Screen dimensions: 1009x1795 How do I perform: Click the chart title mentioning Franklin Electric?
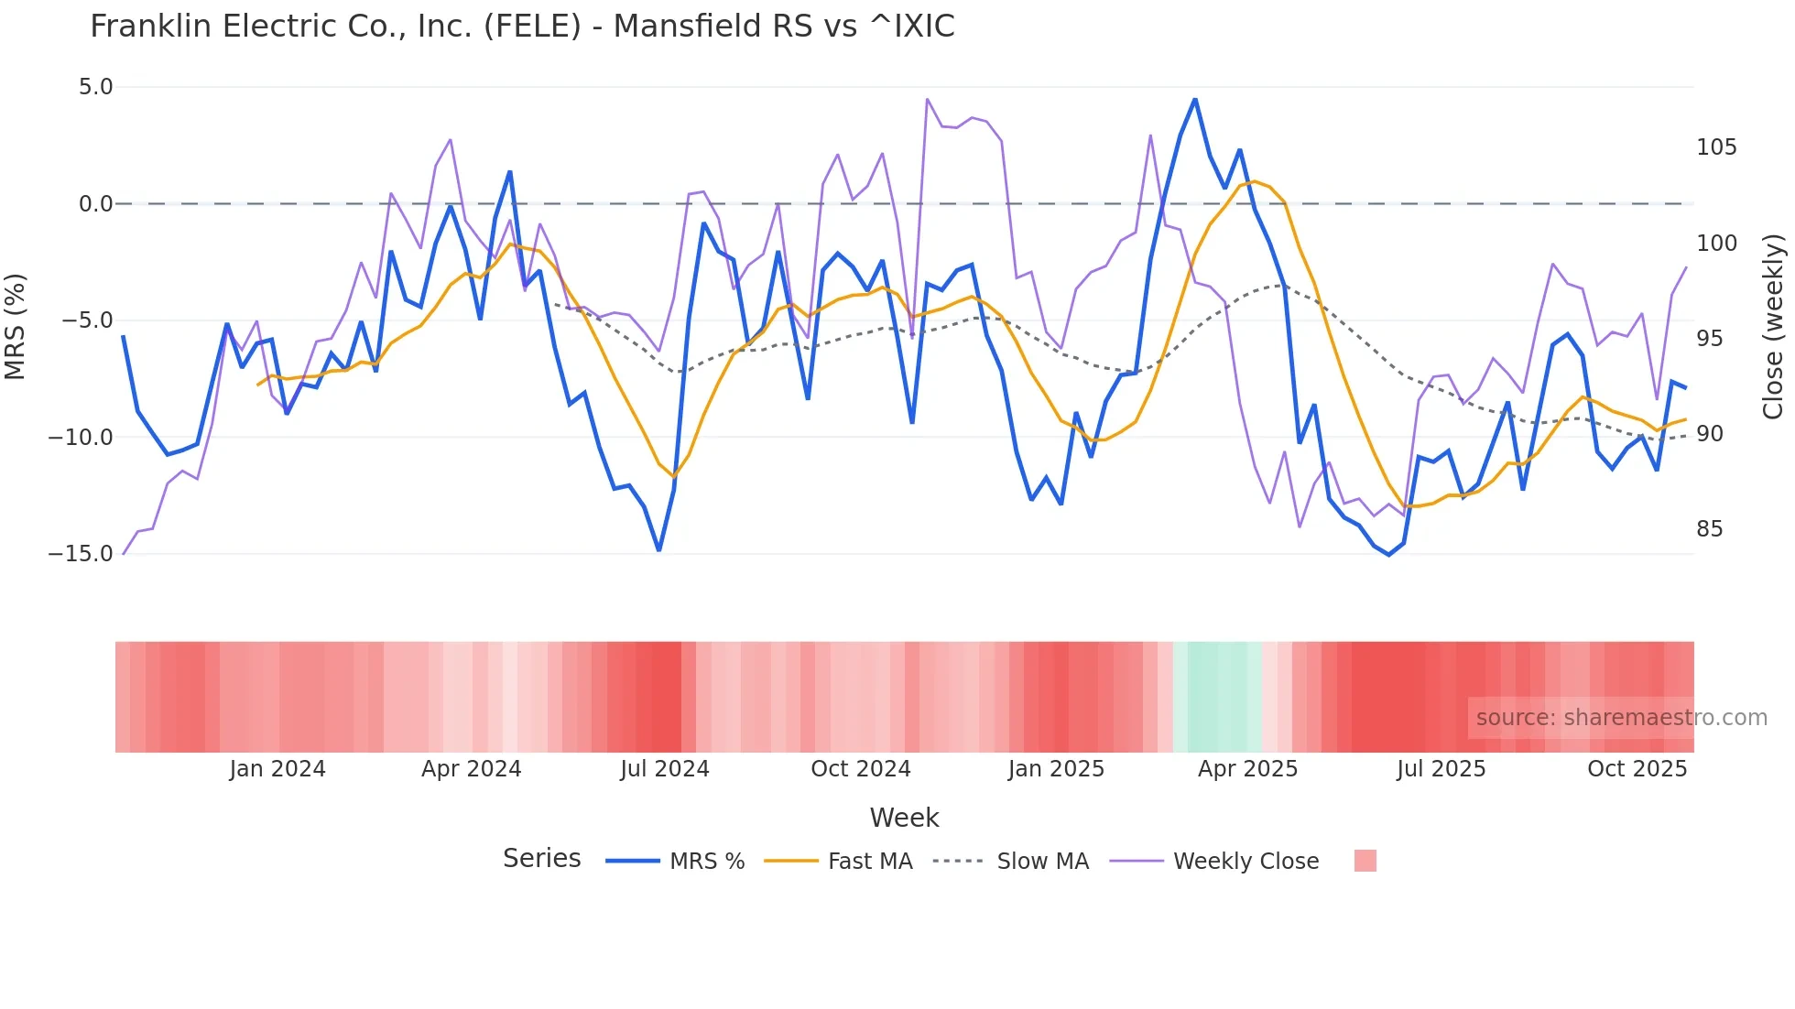pyautogui.click(x=522, y=27)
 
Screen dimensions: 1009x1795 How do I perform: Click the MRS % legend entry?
pyautogui.click(x=706, y=862)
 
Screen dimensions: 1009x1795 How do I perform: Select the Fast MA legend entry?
pyautogui.click(x=869, y=862)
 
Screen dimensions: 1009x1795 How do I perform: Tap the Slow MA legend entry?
pyautogui.click(x=1042, y=862)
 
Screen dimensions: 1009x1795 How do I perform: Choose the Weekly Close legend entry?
pyautogui.click(x=1246, y=862)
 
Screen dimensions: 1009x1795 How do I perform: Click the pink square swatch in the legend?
pyautogui.click(x=1365, y=861)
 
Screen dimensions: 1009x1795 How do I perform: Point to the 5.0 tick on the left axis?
pyautogui.click(x=95, y=87)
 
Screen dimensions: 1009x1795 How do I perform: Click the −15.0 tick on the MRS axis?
pyautogui.click(x=81, y=554)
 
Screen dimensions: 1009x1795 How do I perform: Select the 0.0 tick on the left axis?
pyautogui.click(x=95, y=204)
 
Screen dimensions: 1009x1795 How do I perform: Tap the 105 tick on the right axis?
pyautogui.click(x=1716, y=147)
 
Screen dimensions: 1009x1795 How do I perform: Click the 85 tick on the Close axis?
pyautogui.click(x=1709, y=529)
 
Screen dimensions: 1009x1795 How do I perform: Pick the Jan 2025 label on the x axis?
pyautogui.click(x=1056, y=769)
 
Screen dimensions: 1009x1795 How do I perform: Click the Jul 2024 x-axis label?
pyautogui.click(x=665, y=769)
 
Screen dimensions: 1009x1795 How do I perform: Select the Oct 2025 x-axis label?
pyautogui.click(x=1637, y=769)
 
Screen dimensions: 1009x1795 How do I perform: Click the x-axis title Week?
pyautogui.click(x=904, y=818)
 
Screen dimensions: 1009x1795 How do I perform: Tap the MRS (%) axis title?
pyautogui.click(x=16, y=326)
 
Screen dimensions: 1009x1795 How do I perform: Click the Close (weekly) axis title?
pyautogui.click(x=1773, y=326)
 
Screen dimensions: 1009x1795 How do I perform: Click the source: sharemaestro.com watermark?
pyautogui.click(x=1621, y=718)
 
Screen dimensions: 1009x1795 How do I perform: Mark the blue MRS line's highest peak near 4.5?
pyautogui.click(x=1195, y=100)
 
